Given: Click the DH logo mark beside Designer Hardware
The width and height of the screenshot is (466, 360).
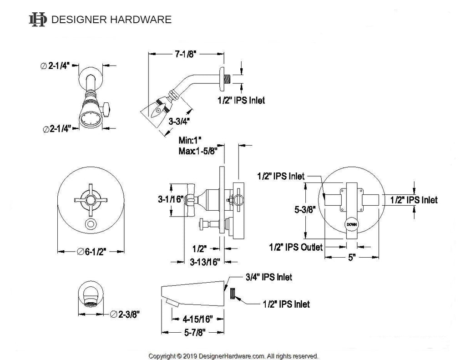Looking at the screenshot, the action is [x=38, y=20].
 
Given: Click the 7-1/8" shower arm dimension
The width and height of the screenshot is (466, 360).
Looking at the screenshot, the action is [x=186, y=54].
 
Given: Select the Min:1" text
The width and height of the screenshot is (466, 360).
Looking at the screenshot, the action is [x=190, y=140].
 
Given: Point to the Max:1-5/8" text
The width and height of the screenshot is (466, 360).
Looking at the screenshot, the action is [x=198, y=151].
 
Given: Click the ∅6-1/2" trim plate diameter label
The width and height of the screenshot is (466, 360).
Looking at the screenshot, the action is [x=91, y=252].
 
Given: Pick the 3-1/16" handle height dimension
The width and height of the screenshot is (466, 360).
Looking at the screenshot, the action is [x=171, y=199].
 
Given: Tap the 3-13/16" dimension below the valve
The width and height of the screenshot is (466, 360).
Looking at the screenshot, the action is [x=205, y=262].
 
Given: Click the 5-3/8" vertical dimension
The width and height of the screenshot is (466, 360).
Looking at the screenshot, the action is [x=305, y=209].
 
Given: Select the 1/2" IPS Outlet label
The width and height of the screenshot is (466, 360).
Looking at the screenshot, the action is [x=296, y=247].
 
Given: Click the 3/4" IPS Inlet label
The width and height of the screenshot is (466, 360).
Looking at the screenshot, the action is [x=268, y=277].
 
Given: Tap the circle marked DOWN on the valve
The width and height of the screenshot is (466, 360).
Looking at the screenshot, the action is [x=352, y=224].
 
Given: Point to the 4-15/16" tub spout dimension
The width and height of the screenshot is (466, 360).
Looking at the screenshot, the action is [x=198, y=319].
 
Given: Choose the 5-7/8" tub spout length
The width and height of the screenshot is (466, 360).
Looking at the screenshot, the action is [x=195, y=332].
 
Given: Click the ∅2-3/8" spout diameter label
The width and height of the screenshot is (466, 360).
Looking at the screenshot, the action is [x=125, y=314].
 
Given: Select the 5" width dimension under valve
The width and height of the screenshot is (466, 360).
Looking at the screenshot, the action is [x=352, y=257].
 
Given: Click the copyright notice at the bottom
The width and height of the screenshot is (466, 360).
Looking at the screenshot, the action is [x=233, y=356].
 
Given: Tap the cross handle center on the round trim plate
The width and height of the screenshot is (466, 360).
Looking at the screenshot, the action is [x=91, y=200].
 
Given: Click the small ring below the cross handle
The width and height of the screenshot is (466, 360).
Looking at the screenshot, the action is [x=91, y=224].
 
